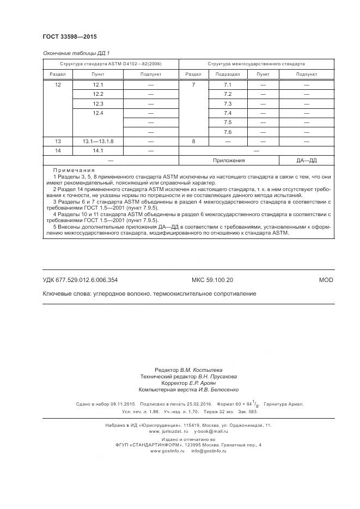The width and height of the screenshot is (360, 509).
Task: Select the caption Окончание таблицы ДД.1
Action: coord(76,53)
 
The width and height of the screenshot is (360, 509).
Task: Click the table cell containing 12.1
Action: coord(98,85)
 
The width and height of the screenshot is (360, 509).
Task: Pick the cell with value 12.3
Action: coord(98,103)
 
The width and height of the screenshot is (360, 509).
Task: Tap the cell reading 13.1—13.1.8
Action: coord(98,141)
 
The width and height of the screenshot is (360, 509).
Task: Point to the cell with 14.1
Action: coord(98,150)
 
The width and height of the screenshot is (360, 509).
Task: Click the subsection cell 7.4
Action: coord(228,113)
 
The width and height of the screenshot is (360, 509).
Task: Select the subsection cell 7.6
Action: coord(228,132)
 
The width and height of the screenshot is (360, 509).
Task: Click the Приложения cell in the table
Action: coord(228,161)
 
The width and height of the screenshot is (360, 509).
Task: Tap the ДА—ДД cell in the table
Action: coord(307,161)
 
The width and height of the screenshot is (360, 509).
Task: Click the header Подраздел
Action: coord(228,74)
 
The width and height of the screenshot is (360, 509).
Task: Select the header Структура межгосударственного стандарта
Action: coord(256,64)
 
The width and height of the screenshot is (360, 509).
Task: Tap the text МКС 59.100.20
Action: coord(212,280)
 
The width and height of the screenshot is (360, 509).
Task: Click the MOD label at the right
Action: coord(326,280)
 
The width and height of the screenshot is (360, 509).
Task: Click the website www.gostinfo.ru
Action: coord(168,451)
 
